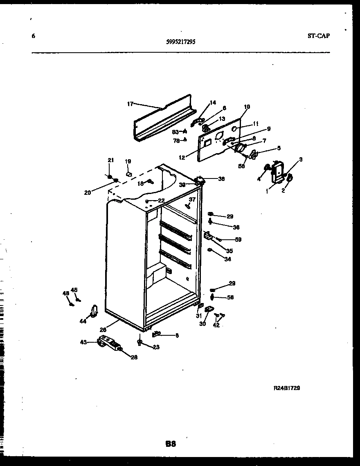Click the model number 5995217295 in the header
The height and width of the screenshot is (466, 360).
(180, 41)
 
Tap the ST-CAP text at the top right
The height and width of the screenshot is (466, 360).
(318, 36)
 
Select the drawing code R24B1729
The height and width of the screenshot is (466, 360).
(287, 388)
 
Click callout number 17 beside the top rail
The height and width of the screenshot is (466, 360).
(130, 104)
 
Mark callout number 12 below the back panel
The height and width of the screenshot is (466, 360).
(182, 157)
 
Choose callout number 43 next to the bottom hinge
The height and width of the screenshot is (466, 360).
(84, 342)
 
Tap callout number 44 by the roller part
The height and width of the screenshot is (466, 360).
(83, 321)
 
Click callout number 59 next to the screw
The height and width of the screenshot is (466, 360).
(238, 240)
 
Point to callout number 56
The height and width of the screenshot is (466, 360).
(230, 298)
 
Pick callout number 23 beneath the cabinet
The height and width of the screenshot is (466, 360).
(156, 347)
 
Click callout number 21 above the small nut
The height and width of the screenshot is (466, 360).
(110, 160)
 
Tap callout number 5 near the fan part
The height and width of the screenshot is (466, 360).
(279, 148)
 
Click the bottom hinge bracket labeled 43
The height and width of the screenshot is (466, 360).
(110, 343)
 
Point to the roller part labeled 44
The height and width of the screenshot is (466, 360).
(94, 311)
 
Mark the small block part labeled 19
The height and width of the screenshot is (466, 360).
(129, 174)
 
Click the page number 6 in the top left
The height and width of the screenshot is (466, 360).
(33, 36)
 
